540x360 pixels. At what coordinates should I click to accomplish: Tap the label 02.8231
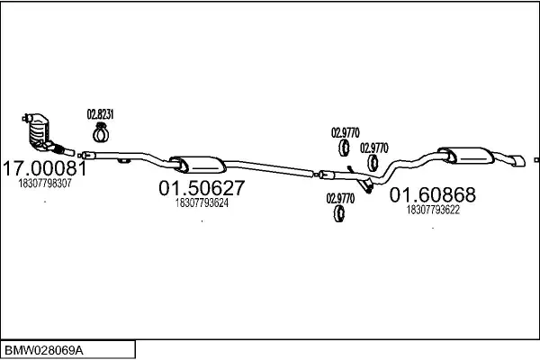[x=99, y=114]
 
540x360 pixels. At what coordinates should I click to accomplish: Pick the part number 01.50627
[x=202, y=189]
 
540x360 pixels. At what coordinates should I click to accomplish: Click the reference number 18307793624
[x=202, y=203]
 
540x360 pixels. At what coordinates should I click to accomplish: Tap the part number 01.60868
[x=432, y=195]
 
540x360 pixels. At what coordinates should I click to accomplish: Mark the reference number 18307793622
[x=434, y=210]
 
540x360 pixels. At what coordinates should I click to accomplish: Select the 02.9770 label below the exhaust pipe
[x=340, y=198]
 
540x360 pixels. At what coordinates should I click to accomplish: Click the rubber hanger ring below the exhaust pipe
[x=340, y=214]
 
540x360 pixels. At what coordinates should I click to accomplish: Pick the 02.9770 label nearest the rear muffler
[x=374, y=148]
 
